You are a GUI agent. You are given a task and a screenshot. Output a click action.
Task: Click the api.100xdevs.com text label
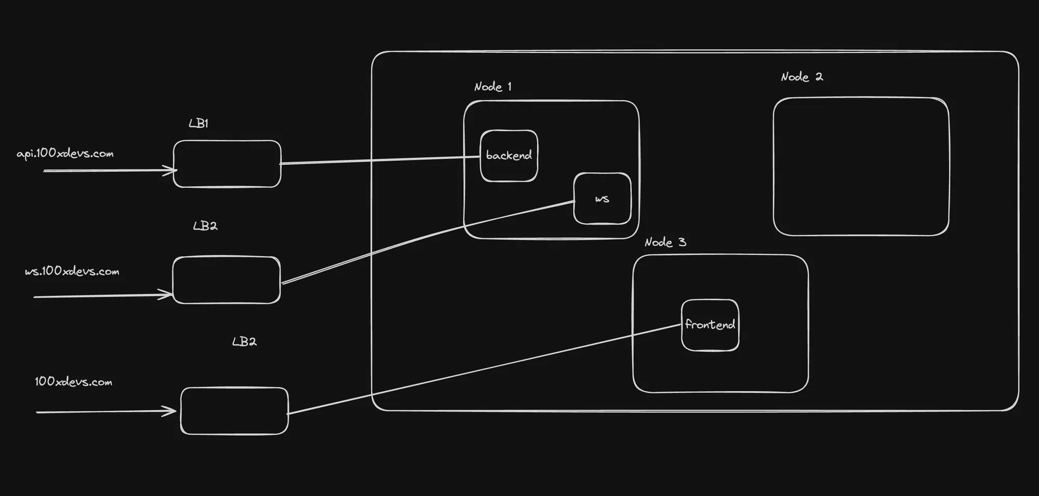click(x=65, y=154)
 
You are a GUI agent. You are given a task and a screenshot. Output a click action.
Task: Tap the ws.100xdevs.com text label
click(x=72, y=271)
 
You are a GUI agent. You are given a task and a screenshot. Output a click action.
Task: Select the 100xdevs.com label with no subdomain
click(x=73, y=382)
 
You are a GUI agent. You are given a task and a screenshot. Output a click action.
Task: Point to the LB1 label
click(x=198, y=123)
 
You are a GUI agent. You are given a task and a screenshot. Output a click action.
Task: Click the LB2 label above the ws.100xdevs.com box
click(x=205, y=226)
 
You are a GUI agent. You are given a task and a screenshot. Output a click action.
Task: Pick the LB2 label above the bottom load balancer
click(x=244, y=342)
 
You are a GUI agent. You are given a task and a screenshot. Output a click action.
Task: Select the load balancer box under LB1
click(x=227, y=164)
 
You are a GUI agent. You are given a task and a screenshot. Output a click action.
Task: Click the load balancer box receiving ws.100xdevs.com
click(x=227, y=280)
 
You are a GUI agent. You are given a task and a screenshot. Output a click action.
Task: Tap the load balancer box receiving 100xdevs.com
click(x=234, y=411)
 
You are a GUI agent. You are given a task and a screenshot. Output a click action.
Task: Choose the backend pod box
click(x=509, y=156)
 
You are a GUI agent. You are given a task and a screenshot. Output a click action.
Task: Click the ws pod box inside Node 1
click(x=602, y=199)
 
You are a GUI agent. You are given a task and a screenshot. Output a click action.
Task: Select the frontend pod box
click(x=710, y=325)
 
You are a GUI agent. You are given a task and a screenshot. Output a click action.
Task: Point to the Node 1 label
click(x=492, y=87)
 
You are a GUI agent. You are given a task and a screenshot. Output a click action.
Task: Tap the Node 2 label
click(x=802, y=77)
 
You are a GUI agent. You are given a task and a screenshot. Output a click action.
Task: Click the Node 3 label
click(x=665, y=242)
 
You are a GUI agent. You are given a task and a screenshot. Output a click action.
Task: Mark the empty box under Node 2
click(x=861, y=167)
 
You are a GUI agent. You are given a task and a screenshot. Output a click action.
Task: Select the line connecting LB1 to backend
click(x=379, y=160)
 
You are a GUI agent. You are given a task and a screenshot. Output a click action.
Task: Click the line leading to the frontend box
click(x=483, y=369)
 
